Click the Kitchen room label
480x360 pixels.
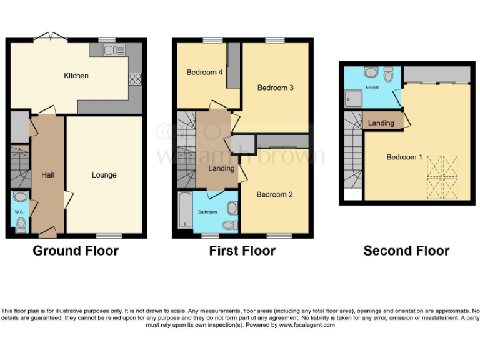click(76, 76)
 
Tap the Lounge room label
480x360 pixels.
click(104, 175)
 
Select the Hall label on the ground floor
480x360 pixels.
click(47, 175)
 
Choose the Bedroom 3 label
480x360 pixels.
click(276, 87)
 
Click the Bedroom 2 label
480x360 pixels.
click(274, 194)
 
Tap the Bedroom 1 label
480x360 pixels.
click(404, 157)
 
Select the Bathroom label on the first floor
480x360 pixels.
click(208, 212)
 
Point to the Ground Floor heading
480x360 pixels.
click(76, 251)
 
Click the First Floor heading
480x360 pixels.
click(242, 251)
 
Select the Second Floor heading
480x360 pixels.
click(406, 251)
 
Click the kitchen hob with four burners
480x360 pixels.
click(134, 79)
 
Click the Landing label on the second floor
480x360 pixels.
click(381, 123)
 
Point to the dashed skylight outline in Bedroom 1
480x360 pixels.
click(442, 177)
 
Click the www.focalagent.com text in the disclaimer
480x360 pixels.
click(307, 325)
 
